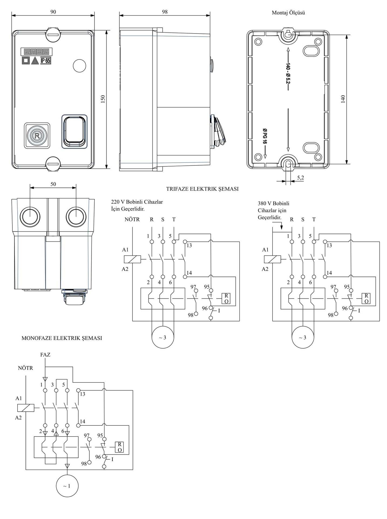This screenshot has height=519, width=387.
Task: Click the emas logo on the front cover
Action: (37, 52)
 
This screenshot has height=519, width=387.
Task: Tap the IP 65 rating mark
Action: (46, 61)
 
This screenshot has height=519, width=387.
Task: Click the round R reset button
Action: (37, 135)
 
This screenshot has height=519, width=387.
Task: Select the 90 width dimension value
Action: (53, 12)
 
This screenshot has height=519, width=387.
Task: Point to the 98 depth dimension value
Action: (165, 12)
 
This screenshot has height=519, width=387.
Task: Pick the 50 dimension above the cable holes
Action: (53, 184)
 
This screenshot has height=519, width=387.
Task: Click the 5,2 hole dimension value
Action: (300, 178)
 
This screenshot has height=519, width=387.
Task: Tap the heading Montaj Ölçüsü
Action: (288, 13)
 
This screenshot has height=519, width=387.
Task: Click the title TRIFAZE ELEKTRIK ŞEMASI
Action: (202, 189)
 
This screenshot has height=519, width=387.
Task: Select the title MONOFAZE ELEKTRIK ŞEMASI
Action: (62, 338)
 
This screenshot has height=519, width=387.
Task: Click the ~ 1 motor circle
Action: (67, 486)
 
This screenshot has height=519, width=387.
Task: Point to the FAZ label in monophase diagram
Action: (45, 355)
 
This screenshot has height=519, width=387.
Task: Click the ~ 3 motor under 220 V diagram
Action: (163, 337)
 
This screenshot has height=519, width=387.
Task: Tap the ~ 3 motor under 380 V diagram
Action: (303, 337)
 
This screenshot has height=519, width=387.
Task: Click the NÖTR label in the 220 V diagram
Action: (132, 219)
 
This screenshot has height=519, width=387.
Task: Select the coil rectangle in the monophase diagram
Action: (26, 408)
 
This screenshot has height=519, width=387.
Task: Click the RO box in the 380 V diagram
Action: (366, 298)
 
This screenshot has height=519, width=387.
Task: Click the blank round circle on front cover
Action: (80, 66)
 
